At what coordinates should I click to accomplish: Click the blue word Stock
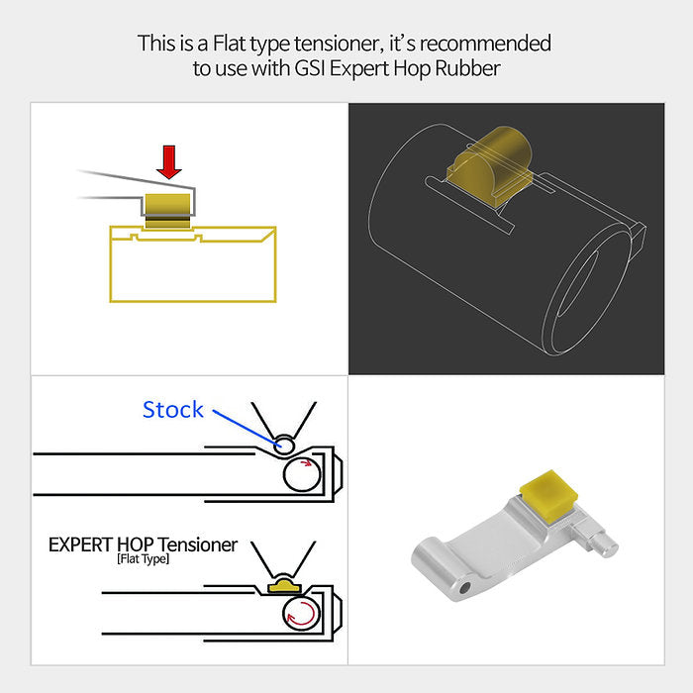coord(172,410)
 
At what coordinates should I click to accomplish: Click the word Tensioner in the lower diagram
coord(198,544)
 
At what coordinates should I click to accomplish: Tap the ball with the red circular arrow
coord(302,613)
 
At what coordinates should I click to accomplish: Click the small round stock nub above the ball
coord(284,444)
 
